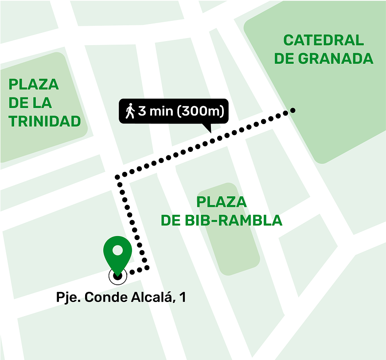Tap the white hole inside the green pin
click(x=117, y=250)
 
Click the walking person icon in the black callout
click(x=129, y=111)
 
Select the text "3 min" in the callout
click(x=156, y=111)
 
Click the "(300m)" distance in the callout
click(x=199, y=111)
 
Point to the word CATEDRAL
click(x=324, y=40)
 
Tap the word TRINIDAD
click(x=45, y=121)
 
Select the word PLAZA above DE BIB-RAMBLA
click(x=222, y=202)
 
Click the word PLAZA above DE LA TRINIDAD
click(x=34, y=84)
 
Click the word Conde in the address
click(x=103, y=298)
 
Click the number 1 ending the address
click(x=182, y=298)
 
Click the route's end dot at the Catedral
click(x=292, y=110)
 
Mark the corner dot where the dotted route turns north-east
click(x=118, y=177)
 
